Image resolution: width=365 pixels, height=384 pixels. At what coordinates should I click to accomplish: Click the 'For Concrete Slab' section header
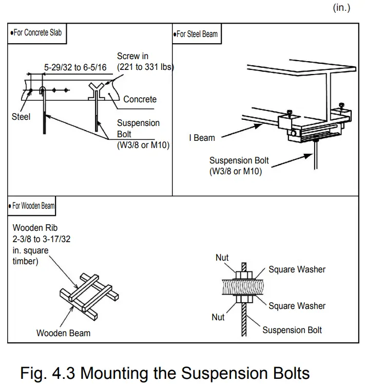(36, 32)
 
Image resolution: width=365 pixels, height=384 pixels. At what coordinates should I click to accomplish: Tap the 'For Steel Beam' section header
(196, 34)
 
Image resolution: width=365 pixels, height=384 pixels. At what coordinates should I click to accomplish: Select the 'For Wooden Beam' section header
(32, 206)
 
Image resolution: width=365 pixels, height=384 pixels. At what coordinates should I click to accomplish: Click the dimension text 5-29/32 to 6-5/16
(75, 67)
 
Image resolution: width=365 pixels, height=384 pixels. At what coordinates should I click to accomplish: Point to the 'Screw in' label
(133, 56)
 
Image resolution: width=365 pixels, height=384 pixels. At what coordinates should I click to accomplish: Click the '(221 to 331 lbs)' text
(145, 67)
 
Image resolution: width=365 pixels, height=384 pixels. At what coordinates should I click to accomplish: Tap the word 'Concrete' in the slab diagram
(140, 99)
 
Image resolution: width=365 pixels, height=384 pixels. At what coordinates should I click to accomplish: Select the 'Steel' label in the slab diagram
(21, 117)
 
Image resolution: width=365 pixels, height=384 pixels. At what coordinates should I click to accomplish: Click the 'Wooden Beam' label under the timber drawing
(63, 333)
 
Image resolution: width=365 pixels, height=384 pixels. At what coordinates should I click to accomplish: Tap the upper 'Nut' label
(222, 258)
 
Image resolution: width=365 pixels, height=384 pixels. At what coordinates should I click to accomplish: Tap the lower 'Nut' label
(218, 317)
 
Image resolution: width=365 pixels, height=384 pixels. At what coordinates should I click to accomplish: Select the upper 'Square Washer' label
(297, 269)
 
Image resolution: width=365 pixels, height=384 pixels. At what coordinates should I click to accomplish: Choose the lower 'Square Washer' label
(297, 306)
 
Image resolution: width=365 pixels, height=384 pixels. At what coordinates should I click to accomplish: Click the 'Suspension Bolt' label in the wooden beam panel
(292, 330)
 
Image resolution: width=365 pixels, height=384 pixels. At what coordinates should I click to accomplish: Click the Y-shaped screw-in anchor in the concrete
(97, 92)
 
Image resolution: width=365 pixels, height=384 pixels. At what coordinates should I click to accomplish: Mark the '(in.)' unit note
(342, 8)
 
